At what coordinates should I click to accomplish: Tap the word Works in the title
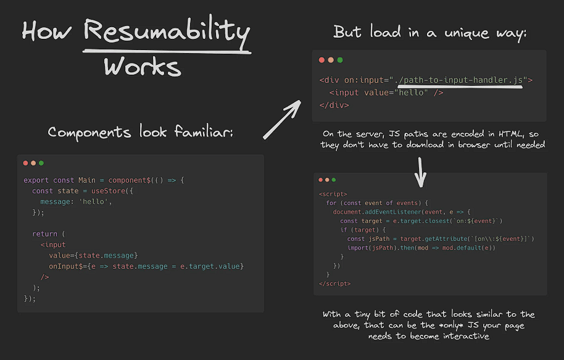[x=143, y=66]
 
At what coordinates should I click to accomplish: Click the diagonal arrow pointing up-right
[x=282, y=119]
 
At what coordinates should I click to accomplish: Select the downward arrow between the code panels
[x=420, y=172]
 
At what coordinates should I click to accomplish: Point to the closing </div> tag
[x=334, y=105]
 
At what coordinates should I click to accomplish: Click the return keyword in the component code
[x=44, y=234]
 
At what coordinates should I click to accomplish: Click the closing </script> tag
[x=334, y=283]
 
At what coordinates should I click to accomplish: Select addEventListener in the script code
[x=393, y=212]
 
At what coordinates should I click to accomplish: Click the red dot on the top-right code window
[x=321, y=60]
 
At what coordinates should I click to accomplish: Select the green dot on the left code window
[x=41, y=163]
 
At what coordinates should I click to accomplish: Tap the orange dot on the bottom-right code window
[x=327, y=180]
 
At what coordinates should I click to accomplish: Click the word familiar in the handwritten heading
[x=204, y=132]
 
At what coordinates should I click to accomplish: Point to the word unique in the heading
[x=467, y=33]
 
